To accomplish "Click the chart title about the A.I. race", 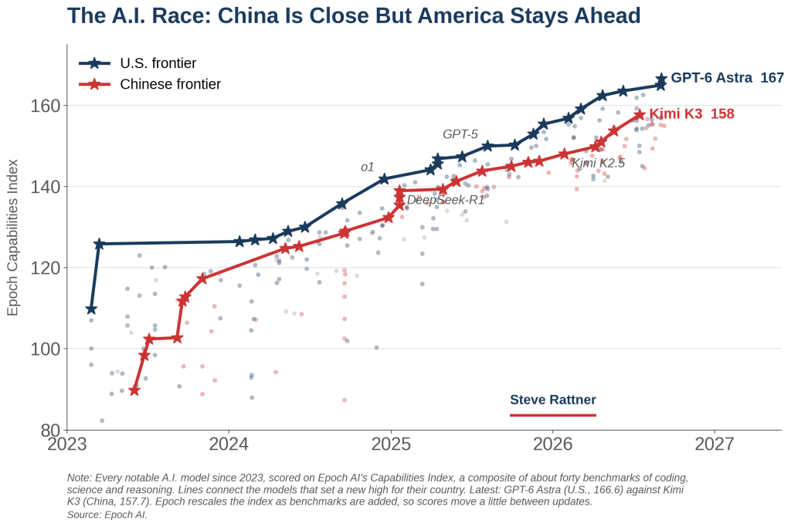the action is pos(354,15).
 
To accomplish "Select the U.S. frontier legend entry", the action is pos(137,63).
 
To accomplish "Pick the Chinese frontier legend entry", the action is pos(150,84).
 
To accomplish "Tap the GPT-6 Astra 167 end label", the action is pos(727,78).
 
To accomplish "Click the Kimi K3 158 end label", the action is pos(691,114).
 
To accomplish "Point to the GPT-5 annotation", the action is pos(460,134).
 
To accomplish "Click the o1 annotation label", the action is pos(367,167).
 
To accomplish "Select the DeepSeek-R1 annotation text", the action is pos(446,200).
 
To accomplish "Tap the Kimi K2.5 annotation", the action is pos(599,164).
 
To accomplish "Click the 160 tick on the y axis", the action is pos(46,106).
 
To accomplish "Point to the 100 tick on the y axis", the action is pos(46,349).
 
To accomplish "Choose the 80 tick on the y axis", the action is pos(49,431).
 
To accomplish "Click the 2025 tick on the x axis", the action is pos(390,444).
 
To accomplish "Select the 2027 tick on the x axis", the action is pos(715,444).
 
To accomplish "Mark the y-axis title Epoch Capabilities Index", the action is pos(12,238).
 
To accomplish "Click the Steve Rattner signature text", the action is pos(553,400).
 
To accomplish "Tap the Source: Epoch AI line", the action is pos(107,515).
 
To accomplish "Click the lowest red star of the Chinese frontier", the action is pos(134,390).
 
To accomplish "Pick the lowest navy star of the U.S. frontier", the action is pos(91,309).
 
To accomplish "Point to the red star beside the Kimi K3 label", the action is pos(639,115).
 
